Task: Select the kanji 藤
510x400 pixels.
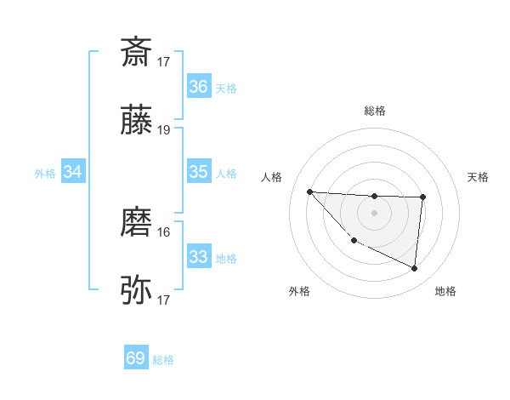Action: (137, 122)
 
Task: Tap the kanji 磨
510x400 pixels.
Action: (137, 223)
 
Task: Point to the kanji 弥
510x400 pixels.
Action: (137, 291)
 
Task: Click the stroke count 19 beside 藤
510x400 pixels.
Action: (164, 130)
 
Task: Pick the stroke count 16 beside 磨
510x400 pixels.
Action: (164, 231)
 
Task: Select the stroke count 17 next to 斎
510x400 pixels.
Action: (164, 61)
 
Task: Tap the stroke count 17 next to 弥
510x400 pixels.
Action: (164, 300)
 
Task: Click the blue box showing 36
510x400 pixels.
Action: (198, 87)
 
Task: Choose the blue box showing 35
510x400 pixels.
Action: (198, 172)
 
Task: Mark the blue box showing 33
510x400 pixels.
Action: (198, 257)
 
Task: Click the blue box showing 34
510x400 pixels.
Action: (73, 173)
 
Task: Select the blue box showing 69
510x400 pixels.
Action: (136, 358)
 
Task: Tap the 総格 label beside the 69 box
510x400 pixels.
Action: (163, 360)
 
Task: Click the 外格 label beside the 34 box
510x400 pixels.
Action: (45, 174)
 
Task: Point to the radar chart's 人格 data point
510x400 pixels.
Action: (309, 191)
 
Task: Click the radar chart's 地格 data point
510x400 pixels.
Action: (414, 269)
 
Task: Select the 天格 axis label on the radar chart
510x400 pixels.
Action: (478, 177)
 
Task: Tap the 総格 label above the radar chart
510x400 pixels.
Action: (374, 111)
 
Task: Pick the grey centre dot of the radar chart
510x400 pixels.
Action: (374, 212)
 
